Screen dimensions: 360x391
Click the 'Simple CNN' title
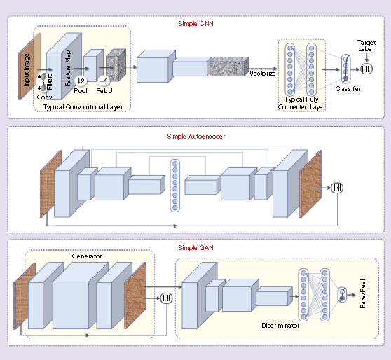click(195, 23)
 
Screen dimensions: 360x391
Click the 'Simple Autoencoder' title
click(195, 135)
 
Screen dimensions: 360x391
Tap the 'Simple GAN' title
click(195, 248)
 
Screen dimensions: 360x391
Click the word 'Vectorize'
click(262, 73)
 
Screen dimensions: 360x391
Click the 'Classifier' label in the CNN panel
click(348, 90)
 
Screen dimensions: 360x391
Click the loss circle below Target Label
click(366, 69)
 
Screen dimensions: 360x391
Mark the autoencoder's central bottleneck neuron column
click(174, 185)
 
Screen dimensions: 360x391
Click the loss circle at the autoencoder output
click(337, 187)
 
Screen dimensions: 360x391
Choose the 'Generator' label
click(87, 256)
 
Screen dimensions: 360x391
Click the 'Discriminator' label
click(282, 325)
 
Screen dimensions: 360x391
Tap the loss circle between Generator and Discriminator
click(166, 298)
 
